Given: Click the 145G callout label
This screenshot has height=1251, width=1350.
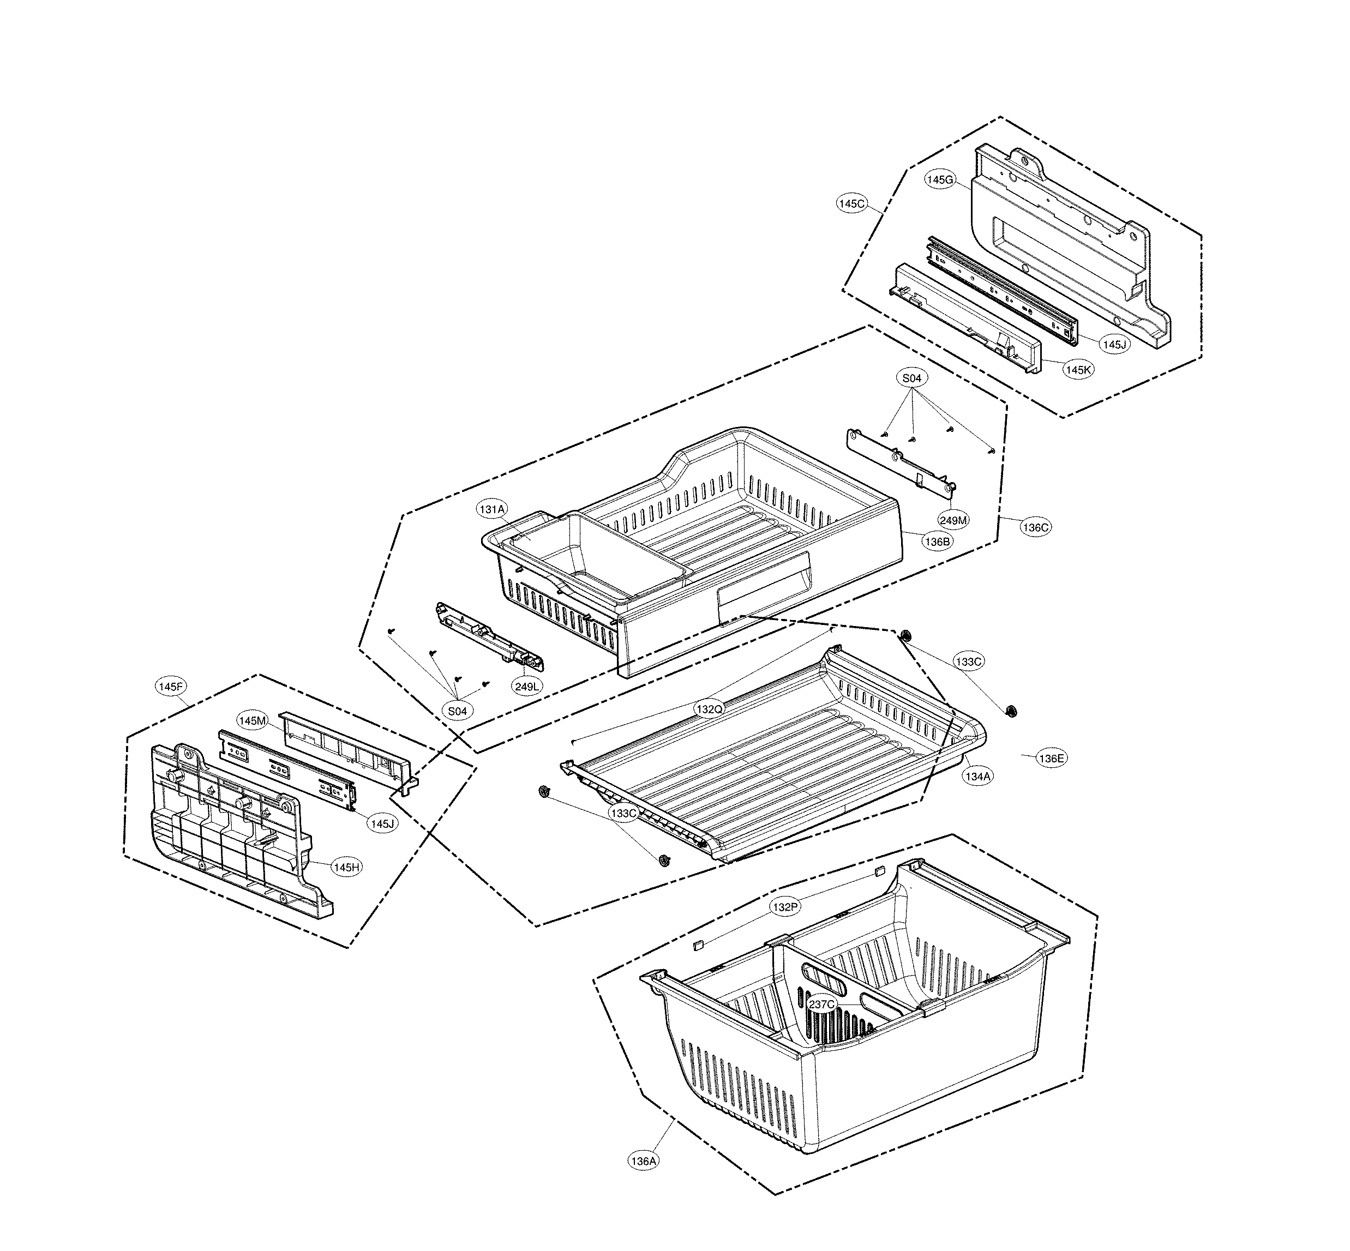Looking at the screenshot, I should click(x=940, y=179).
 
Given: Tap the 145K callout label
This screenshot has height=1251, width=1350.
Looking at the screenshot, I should click(x=1078, y=370).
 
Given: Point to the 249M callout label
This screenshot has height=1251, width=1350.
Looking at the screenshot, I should click(x=953, y=520).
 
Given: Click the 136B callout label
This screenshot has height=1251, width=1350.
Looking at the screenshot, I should click(x=938, y=542).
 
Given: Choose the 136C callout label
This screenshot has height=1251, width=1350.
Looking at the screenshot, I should click(x=1036, y=527).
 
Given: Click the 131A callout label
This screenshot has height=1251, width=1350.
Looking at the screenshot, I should click(x=492, y=509).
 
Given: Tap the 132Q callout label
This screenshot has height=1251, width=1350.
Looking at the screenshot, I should click(x=710, y=709).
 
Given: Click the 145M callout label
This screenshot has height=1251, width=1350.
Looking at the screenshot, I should click(x=252, y=721).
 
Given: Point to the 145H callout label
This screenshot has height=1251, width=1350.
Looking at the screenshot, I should click(x=347, y=867).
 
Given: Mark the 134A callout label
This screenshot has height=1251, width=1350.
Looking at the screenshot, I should click(x=977, y=777).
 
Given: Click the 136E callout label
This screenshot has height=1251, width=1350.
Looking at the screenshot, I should click(x=1052, y=758).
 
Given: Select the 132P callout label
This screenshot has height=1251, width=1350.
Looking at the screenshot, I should click(x=785, y=906).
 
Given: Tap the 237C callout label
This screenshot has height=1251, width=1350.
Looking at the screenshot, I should click(x=822, y=1004).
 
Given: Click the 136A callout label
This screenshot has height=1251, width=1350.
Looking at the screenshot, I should click(x=643, y=1161).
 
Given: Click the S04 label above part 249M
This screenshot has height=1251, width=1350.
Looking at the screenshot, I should click(x=912, y=378).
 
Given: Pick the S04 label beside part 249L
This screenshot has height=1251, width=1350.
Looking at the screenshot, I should click(x=457, y=711).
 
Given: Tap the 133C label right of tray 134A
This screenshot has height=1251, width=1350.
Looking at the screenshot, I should click(x=968, y=661).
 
